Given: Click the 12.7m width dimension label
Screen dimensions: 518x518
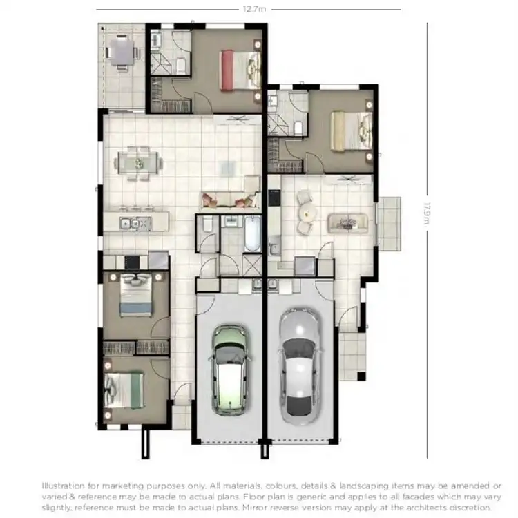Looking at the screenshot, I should pos(254,9).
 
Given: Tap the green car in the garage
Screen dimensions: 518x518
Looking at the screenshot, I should pos(229,366).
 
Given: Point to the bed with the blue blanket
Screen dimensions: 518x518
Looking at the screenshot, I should pos(136,295).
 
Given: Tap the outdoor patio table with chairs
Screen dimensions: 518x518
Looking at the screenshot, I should pos(122,51).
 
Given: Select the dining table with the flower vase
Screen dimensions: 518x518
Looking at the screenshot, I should pos(139,163).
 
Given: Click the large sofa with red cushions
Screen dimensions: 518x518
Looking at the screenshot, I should pos(228,200).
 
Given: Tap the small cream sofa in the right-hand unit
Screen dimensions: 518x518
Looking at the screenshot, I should pos(347,222).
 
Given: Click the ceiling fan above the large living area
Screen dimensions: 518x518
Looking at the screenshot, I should pos(241,119).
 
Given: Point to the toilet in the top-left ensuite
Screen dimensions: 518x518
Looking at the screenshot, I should pos(181,65).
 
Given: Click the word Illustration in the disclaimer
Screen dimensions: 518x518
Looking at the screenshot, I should pos(65,486).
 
